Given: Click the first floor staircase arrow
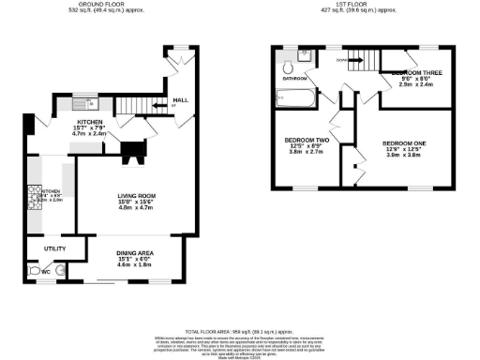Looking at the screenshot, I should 343,59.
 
